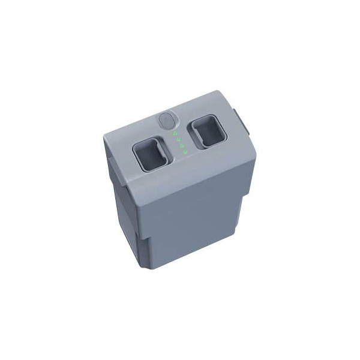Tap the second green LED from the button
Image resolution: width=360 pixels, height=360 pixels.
coord(178,140)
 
